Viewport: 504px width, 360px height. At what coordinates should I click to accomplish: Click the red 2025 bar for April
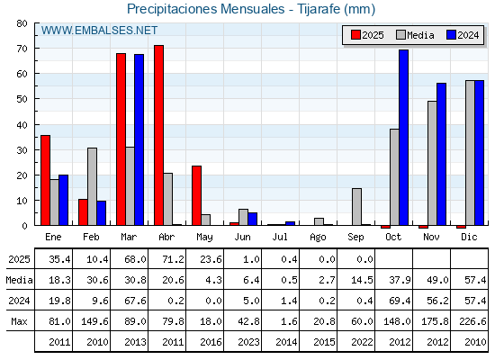[x=158, y=135]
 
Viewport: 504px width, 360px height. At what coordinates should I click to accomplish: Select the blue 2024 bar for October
[x=404, y=138]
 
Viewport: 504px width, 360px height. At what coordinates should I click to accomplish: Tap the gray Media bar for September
[x=356, y=207]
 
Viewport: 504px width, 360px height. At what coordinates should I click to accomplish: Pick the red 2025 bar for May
[x=197, y=196]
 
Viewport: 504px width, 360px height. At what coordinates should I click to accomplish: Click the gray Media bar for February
[x=92, y=187]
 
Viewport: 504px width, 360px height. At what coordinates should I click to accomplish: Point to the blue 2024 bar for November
[x=442, y=154]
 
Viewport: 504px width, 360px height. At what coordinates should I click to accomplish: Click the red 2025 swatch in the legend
[x=355, y=35]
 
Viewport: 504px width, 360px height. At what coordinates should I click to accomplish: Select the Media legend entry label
[x=421, y=35]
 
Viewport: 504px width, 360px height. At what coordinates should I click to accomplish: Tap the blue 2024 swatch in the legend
[x=451, y=35]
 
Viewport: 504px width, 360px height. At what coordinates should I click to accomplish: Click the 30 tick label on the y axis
[x=22, y=149]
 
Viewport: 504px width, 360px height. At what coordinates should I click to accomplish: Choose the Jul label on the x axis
[x=280, y=237]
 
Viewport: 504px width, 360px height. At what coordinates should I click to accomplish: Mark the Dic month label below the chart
[x=469, y=237]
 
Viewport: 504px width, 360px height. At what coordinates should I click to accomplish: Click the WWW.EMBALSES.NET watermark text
[x=99, y=31]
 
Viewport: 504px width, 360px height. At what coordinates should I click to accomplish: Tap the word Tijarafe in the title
[x=319, y=9]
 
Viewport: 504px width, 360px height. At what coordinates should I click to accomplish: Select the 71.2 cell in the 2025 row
[x=173, y=259]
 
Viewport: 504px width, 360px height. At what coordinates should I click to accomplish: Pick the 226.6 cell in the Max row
[x=472, y=321]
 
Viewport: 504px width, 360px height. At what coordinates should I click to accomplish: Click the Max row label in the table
[x=19, y=321]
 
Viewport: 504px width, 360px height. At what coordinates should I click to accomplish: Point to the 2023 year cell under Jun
[x=248, y=342]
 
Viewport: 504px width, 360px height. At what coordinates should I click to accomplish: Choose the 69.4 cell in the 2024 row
[x=400, y=301]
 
